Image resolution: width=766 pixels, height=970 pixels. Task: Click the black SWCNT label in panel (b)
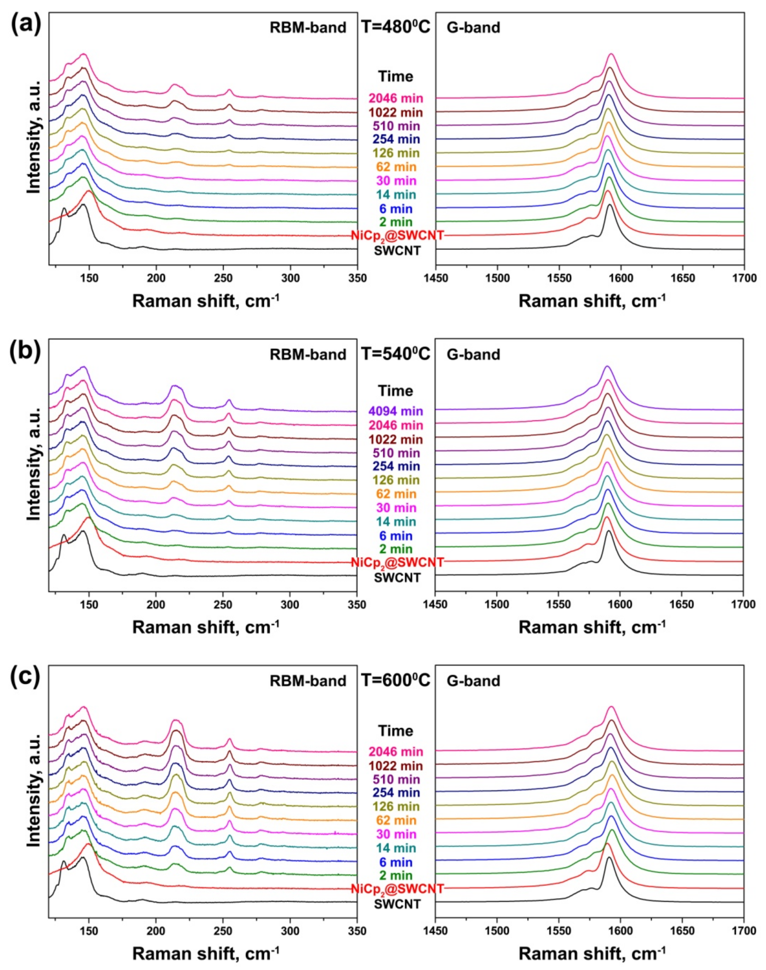pos(397,578)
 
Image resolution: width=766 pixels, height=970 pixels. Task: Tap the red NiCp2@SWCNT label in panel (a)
pos(397,235)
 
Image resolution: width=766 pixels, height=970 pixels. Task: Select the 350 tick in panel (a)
pos(357,278)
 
